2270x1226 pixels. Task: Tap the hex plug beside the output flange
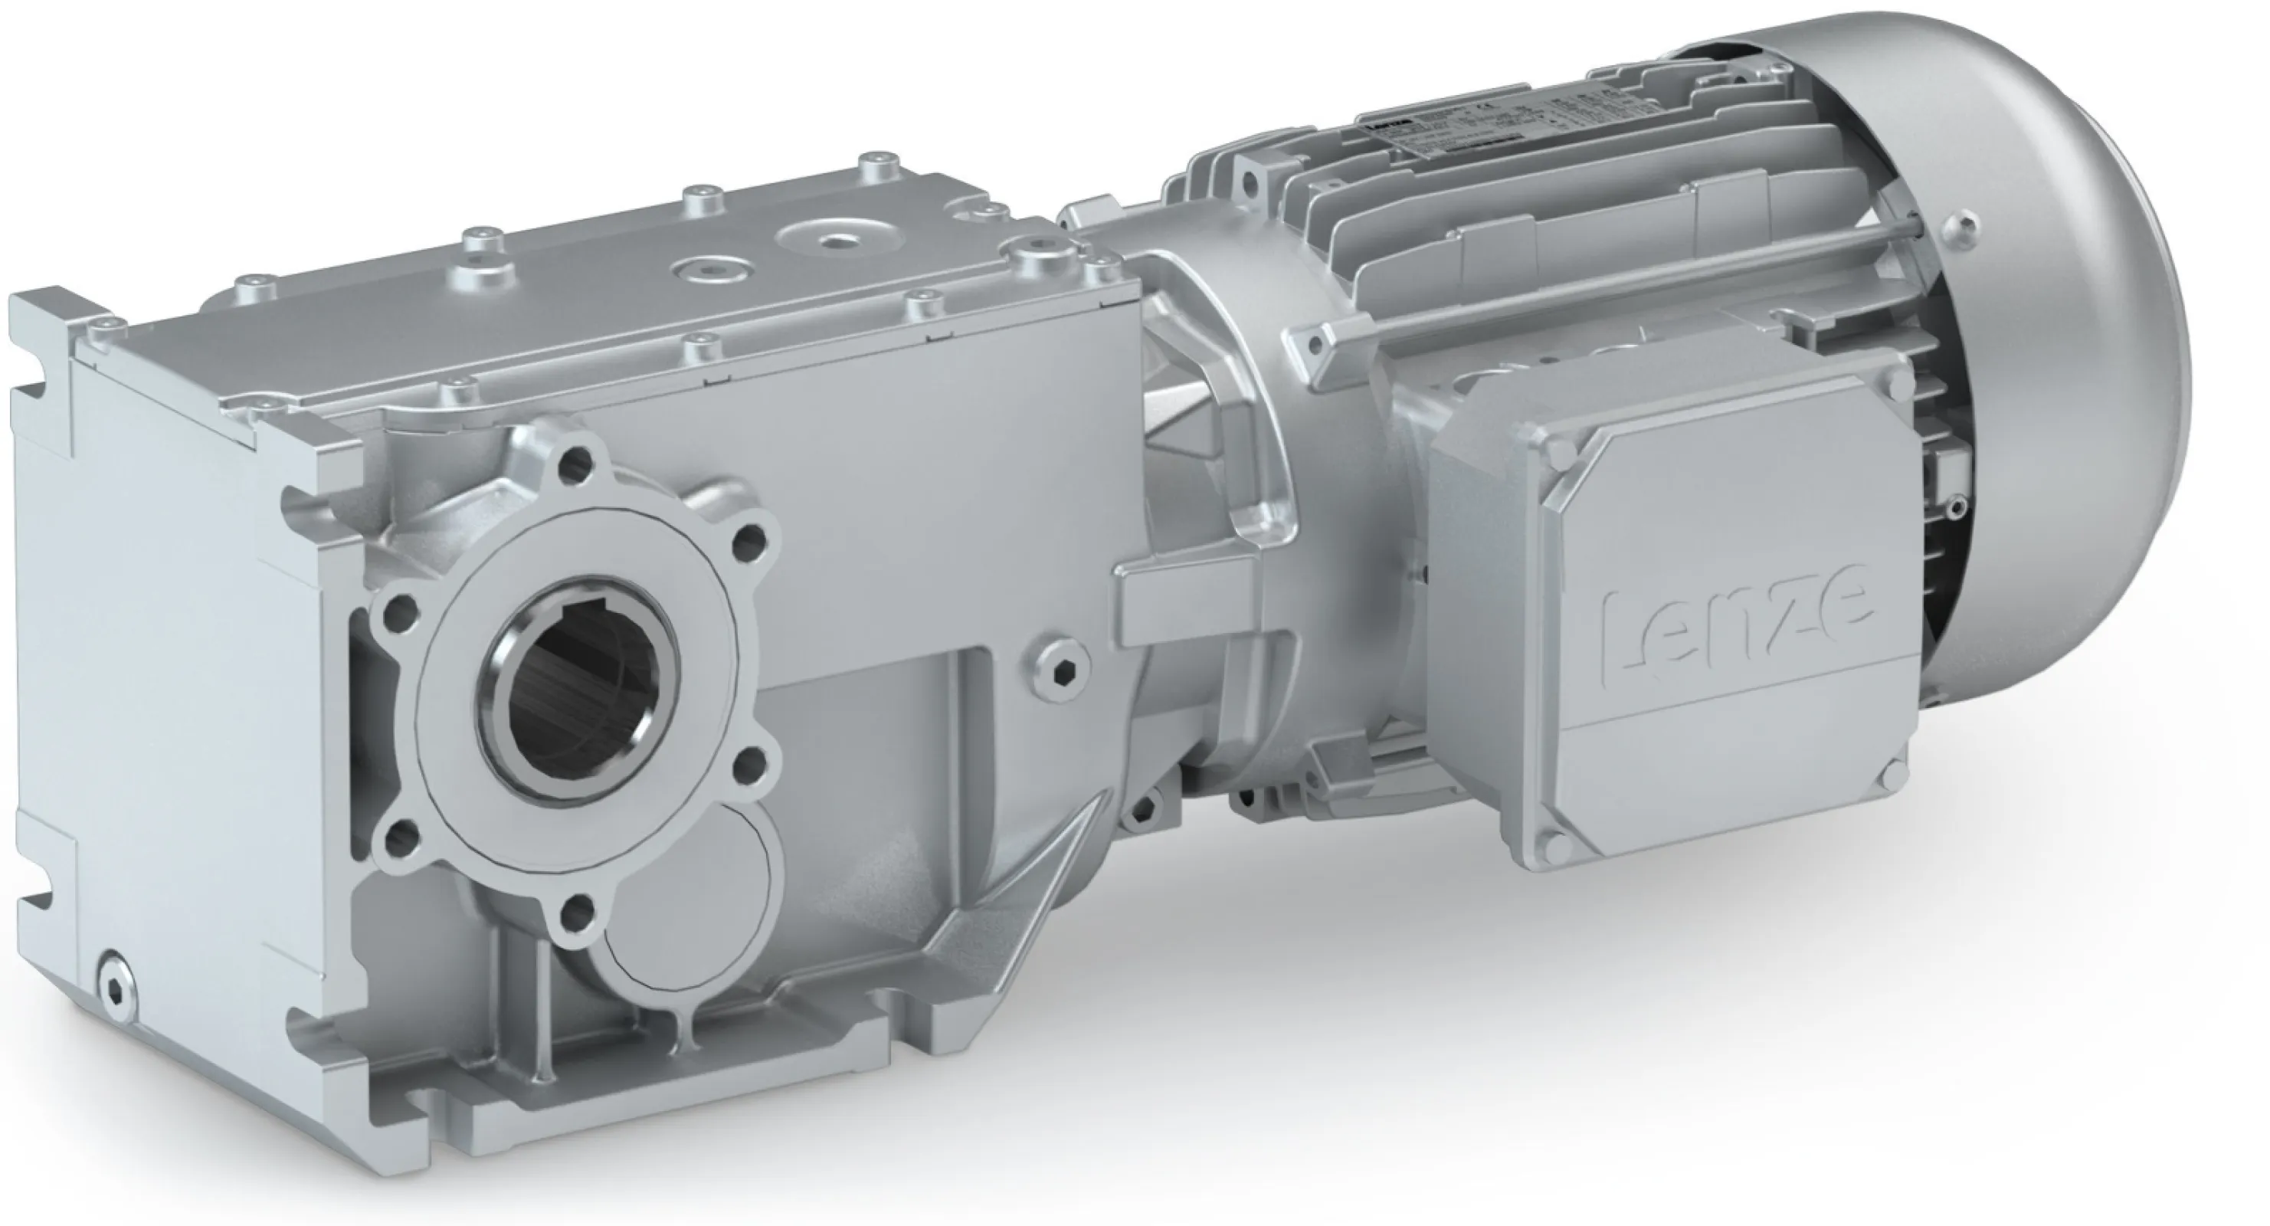[1056, 667]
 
